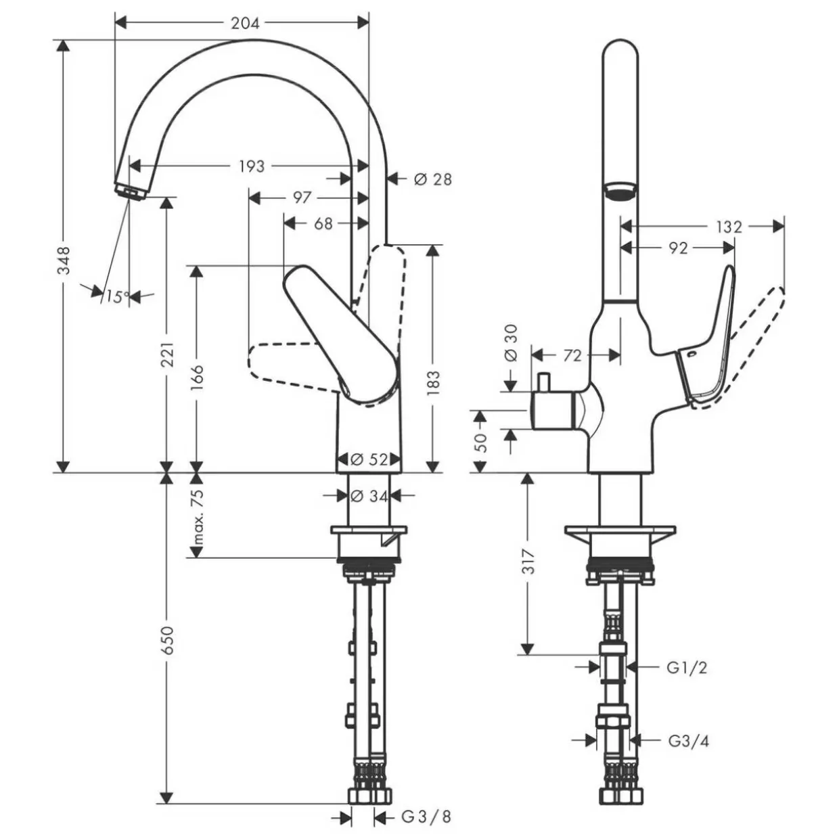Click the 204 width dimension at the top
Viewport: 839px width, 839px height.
[x=245, y=23]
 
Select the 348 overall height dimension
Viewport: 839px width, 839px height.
[x=64, y=260]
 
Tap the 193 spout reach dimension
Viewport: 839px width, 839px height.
[x=252, y=166]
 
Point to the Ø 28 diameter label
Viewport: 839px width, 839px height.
[x=433, y=179]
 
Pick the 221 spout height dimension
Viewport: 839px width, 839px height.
[x=168, y=355]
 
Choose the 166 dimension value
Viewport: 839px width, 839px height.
[x=197, y=378]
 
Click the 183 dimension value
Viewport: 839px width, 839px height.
[x=433, y=383]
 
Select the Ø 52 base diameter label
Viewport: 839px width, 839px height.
[x=369, y=459]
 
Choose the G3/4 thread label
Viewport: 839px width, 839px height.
[x=688, y=741]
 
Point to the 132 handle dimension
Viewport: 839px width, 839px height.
[x=729, y=227]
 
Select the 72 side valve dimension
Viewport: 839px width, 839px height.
[x=572, y=356]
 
